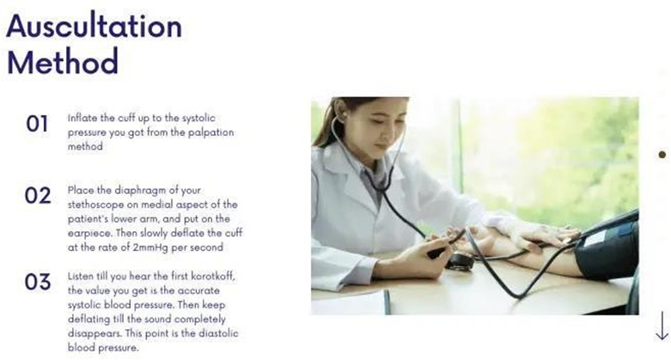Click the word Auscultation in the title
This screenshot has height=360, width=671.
coord(95,26)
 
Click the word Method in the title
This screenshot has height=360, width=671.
coord(63,61)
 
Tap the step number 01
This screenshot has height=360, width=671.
coord(37,124)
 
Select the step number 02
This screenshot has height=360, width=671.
coord(38,196)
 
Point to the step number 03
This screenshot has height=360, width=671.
coord(38,282)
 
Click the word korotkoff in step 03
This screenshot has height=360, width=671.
coord(213,276)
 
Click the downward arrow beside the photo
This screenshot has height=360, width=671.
coord(662,326)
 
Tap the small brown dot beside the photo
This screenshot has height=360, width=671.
coord(662,154)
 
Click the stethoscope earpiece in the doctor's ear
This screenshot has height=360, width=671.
coord(341,117)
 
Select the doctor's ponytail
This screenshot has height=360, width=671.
coord(325,124)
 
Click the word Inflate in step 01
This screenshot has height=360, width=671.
coord(79,118)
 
